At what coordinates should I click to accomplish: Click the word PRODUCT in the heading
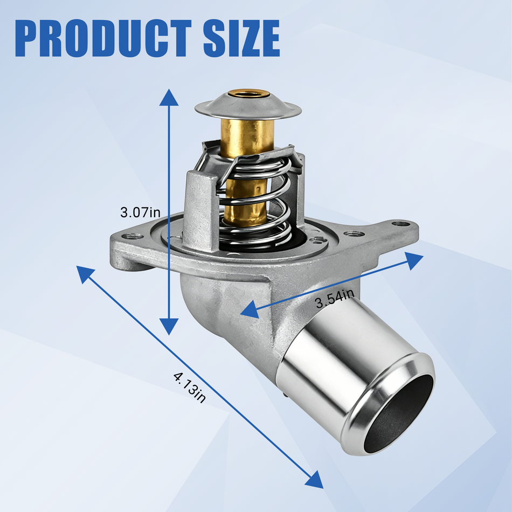click(103, 38)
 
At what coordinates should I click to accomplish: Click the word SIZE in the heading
click(241, 38)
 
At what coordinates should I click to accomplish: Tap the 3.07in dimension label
click(141, 212)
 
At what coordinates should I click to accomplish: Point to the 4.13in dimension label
click(190, 388)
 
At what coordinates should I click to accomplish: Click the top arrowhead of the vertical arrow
click(169, 98)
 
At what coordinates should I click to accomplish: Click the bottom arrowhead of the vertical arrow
click(169, 327)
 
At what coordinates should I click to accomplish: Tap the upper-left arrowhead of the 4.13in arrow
click(84, 274)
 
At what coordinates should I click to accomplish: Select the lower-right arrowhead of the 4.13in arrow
click(315, 481)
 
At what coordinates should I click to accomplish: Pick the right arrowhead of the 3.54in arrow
click(414, 260)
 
